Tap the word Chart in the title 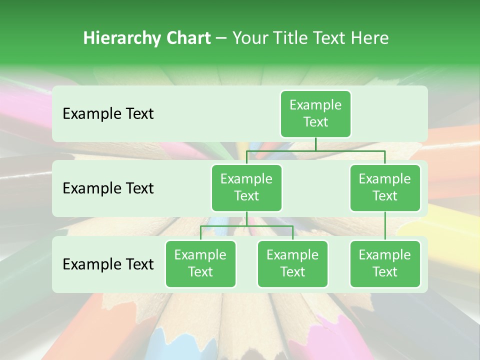coord(188,38)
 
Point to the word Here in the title coord(370,38)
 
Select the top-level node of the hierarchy coord(315,113)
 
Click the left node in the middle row coord(246,187)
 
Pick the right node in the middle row coord(385,187)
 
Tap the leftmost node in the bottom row coord(200,263)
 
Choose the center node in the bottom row coord(292,263)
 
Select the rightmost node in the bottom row coord(385,263)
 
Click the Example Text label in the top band coord(108,113)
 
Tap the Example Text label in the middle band coord(108,188)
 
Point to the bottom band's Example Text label coord(108,264)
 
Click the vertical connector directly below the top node coord(315,143)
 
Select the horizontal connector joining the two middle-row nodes coord(315,150)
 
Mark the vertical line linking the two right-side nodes coord(385,226)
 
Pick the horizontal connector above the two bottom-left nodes coord(246,226)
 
